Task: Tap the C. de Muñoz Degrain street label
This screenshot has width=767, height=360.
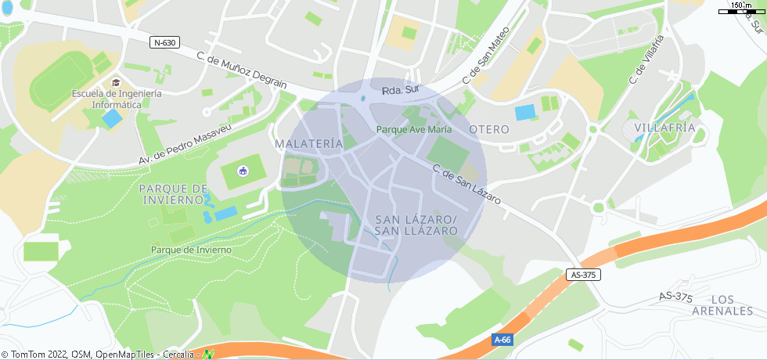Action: tap(242, 70)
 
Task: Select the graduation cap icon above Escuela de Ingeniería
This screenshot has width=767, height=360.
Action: tap(116, 82)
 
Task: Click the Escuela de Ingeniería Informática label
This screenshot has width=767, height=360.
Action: tap(117, 99)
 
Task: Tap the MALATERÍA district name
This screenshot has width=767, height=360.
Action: tap(309, 144)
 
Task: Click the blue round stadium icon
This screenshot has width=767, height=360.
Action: tap(243, 171)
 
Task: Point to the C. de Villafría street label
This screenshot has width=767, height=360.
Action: tap(646, 59)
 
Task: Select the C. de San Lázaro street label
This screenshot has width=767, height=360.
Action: tap(466, 185)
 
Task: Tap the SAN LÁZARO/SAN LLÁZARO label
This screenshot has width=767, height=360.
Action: tap(416, 225)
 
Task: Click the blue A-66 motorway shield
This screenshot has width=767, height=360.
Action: tap(502, 340)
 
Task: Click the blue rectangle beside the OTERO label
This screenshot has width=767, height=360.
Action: tap(525, 112)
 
